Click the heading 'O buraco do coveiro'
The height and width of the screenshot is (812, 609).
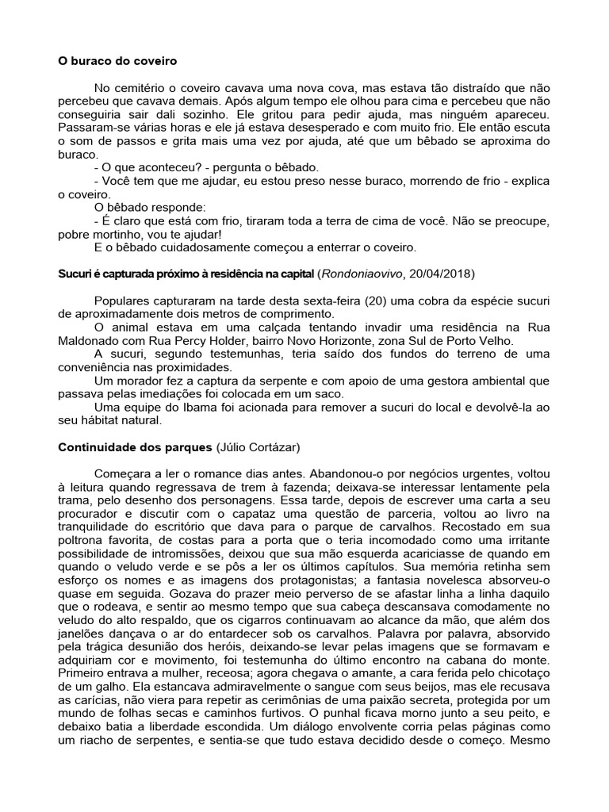(117, 60)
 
